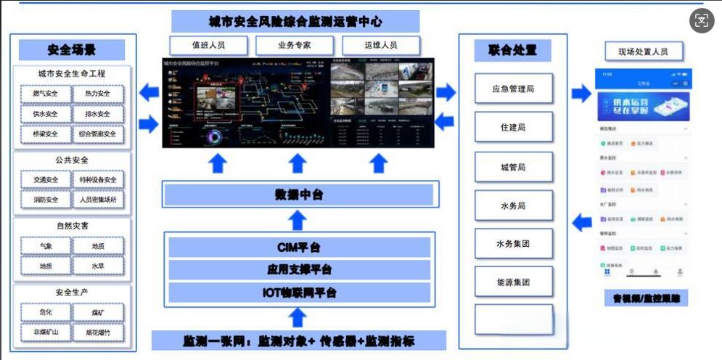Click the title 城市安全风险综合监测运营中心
[295, 21]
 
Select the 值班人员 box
[208, 45]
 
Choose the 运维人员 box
[380, 45]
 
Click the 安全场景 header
[71, 50]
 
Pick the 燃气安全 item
[45, 94]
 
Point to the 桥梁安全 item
[45, 134]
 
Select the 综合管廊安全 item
[97, 134]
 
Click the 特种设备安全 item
[97, 179]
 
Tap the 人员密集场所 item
[97, 199]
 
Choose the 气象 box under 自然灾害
[45, 247]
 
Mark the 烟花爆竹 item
[97, 332]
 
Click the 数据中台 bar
[298, 195]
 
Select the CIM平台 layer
[298, 247]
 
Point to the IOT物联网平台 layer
[298, 293]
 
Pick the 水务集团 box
[513, 244]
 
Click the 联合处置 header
[512, 51]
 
